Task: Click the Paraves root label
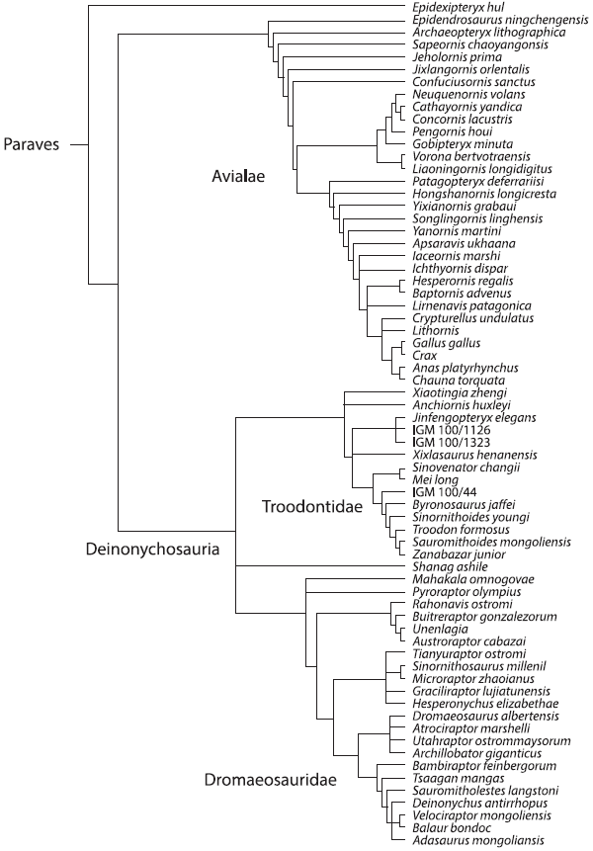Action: click(31, 143)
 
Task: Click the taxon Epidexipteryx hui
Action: click(453, 7)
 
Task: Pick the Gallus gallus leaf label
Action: click(446, 342)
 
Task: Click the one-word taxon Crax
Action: click(425, 355)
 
